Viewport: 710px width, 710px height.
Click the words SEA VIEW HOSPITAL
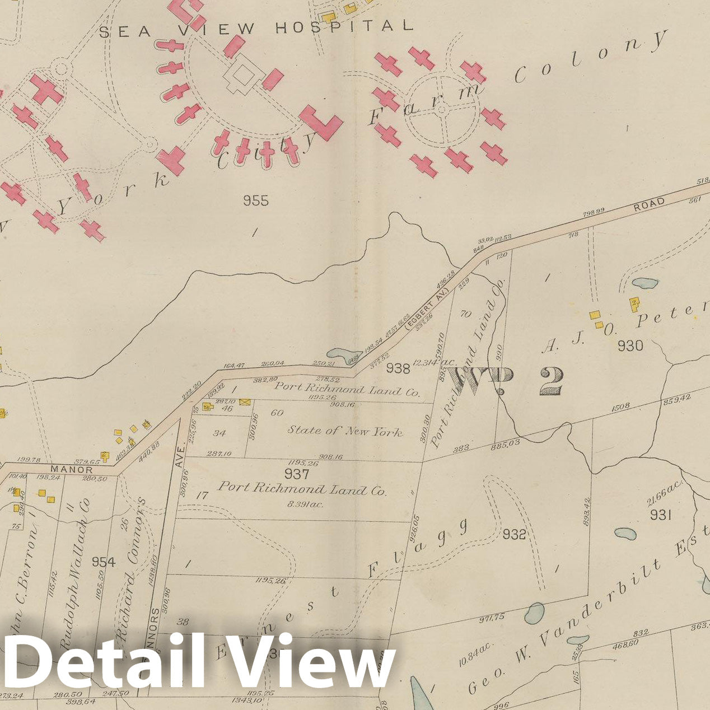point(256,27)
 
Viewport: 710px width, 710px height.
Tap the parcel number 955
point(256,200)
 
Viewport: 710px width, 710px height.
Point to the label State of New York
point(345,431)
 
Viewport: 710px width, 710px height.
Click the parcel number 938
point(398,368)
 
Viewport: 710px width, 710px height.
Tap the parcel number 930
point(630,346)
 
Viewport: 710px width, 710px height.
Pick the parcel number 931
point(661,515)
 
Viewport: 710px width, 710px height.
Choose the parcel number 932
point(514,535)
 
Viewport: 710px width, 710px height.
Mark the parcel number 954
point(104,562)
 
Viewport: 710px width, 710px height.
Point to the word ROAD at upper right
point(649,203)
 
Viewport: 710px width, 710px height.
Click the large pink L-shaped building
point(321,124)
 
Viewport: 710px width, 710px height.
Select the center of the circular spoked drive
point(443,112)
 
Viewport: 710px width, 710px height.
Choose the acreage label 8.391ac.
point(302,504)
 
